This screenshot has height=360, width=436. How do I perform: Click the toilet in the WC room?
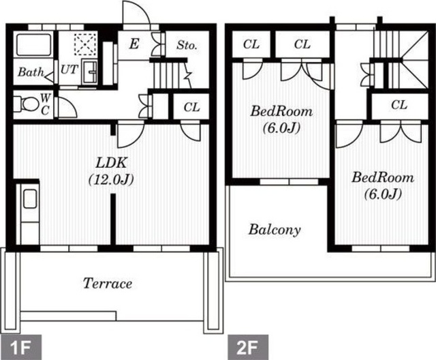[27, 104]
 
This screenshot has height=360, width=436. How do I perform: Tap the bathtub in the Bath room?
[33, 45]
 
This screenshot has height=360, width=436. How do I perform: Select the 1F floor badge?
[21, 347]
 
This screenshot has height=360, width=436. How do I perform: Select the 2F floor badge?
[248, 347]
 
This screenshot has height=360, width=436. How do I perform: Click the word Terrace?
[108, 284]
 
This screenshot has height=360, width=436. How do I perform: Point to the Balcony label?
[275, 230]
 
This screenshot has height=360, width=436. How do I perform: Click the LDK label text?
[111, 163]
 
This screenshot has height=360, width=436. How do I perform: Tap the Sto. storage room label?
[187, 45]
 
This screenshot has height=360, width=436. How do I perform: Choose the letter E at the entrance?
[134, 44]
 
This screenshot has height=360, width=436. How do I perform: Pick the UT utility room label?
[69, 70]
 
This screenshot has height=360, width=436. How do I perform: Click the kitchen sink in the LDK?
[30, 199]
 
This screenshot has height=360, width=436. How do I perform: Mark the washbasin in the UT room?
[89, 72]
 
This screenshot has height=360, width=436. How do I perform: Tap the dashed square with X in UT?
[85, 44]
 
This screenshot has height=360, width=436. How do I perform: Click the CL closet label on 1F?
[192, 108]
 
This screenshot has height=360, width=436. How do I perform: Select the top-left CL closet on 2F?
[251, 44]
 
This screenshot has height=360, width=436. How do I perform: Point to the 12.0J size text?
[111, 180]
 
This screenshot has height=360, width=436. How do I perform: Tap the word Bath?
[31, 72]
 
